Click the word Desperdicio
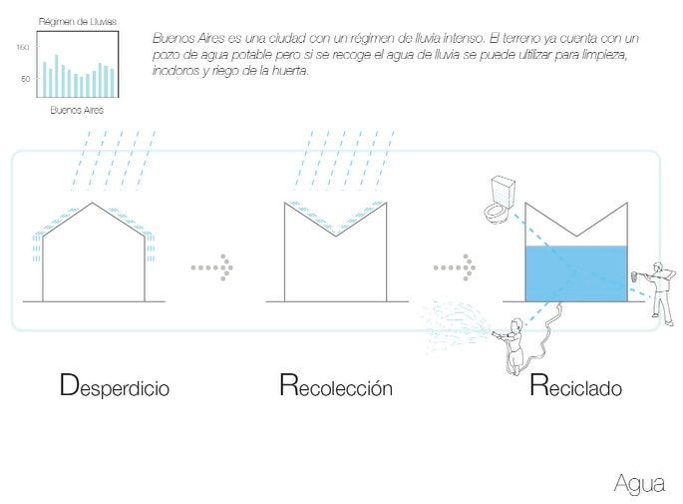click(x=115, y=386)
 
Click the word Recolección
click(x=336, y=386)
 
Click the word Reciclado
click(x=575, y=386)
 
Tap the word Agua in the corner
click(x=639, y=484)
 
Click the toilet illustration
click(x=498, y=201)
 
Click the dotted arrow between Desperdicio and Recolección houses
click(x=211, y=267)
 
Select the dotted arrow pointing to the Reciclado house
click(x=455, y=267)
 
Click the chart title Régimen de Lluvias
click(x=77, y=21)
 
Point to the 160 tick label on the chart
click(x=23, y=47)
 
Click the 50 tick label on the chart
click(x=25, y=78)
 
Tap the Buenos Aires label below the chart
click(x=77, y=111)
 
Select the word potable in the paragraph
click(x=247, y=55)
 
